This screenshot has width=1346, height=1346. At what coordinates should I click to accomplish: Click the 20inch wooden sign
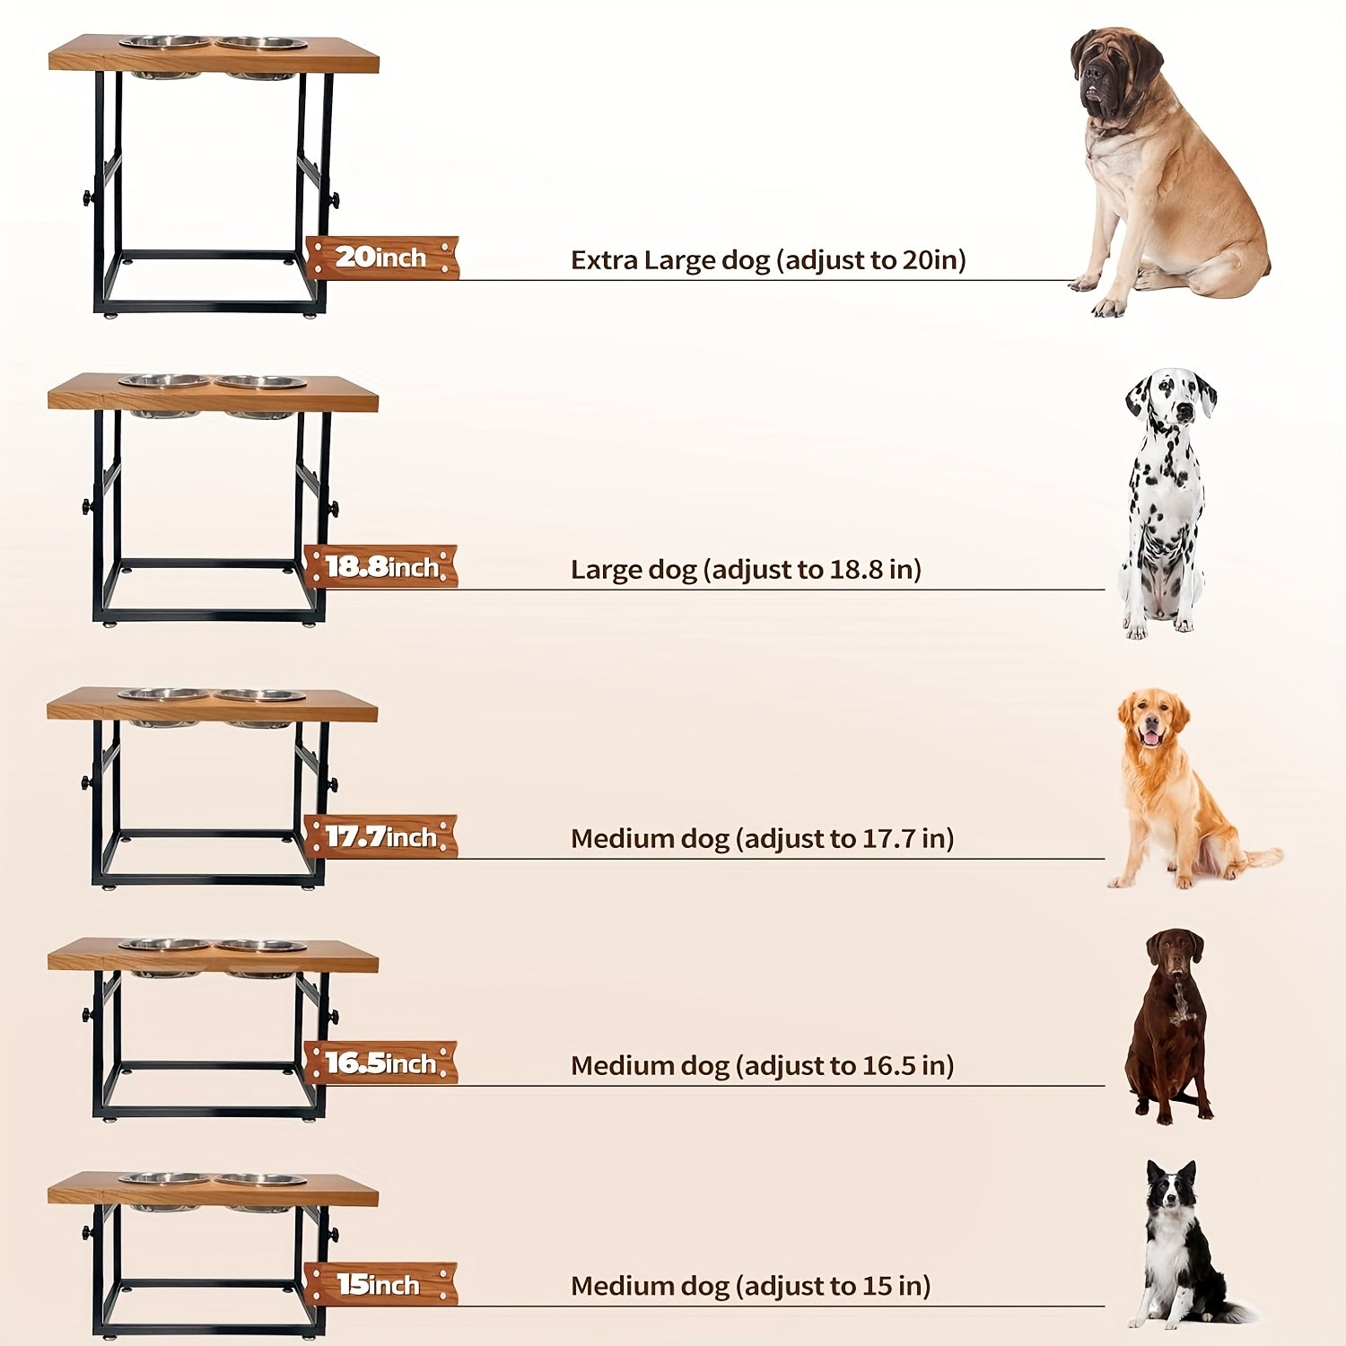pos(382,258)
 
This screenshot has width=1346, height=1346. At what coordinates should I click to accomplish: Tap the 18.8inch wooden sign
pos(380,566)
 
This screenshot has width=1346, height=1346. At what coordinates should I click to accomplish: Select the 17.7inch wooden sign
pos(380,836)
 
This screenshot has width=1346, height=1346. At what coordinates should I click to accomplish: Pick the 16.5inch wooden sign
pos(380,1062)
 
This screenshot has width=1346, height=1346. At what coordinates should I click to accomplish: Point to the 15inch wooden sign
pos(380,1284)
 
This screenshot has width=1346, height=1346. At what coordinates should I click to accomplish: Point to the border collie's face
pos(1172,1192)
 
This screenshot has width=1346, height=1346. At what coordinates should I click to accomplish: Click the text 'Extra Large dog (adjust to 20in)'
pos(768,260)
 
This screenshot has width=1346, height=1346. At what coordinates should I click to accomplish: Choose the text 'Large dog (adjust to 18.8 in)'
pos(746,570)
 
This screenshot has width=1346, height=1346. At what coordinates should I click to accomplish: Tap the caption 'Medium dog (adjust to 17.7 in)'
pos(762,839)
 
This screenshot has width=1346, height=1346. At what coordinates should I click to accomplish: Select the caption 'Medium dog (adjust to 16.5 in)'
pos(762,1066)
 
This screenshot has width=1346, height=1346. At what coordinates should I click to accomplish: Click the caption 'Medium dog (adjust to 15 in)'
pos(750,1287)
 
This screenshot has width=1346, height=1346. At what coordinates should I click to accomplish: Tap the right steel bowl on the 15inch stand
pos(260,1180)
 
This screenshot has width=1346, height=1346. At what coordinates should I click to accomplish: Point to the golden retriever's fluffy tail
pos(1259,857)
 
